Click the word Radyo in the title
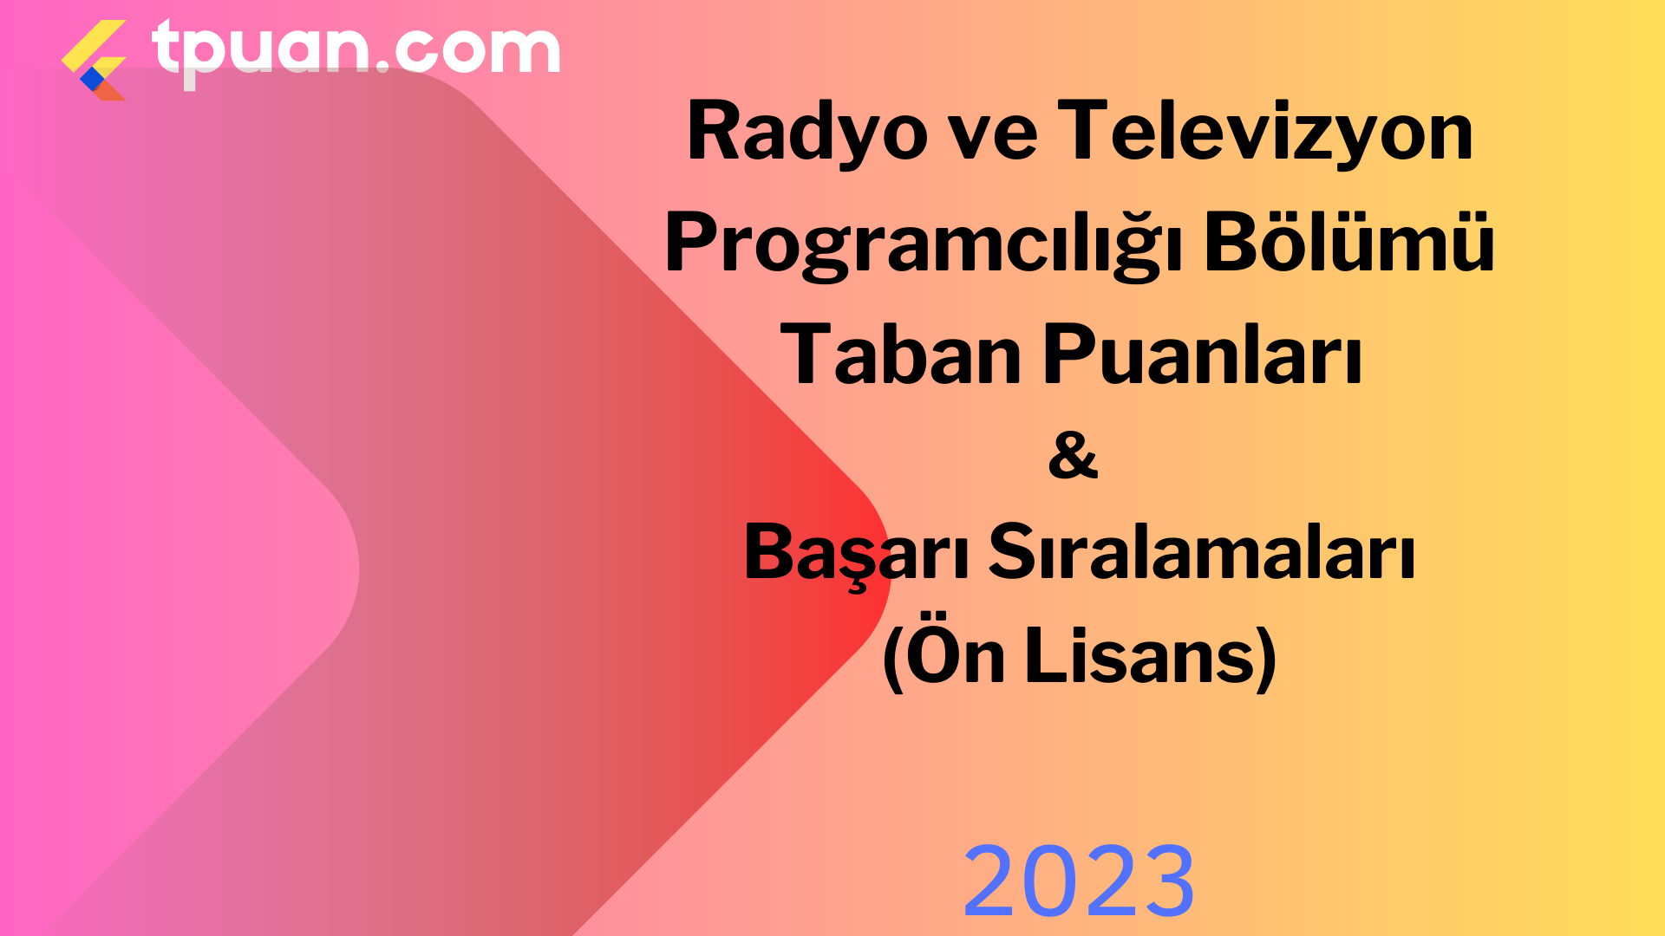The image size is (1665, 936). (807, 133)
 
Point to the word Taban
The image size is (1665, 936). (901, 354)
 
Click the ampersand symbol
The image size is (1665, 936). (1073, 455)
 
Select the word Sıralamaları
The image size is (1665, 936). (1202, 551)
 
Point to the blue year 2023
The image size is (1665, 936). (1079, 881)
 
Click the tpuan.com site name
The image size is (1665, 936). (356, 50)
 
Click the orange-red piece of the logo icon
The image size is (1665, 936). (109, 89)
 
